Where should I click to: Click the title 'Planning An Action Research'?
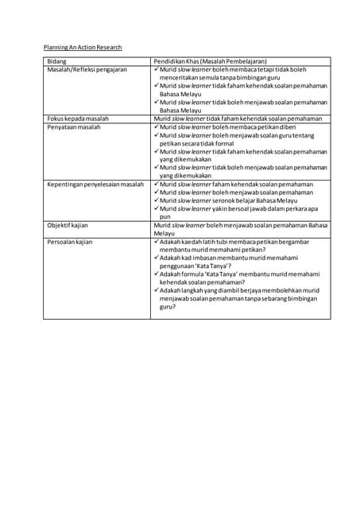coord(82,48)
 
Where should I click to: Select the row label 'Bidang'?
coord(56,61)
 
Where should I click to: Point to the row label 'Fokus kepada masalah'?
coord(78,119)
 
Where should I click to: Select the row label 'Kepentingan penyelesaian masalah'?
coord(95,185)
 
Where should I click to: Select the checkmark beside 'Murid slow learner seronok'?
coord(156,200)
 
